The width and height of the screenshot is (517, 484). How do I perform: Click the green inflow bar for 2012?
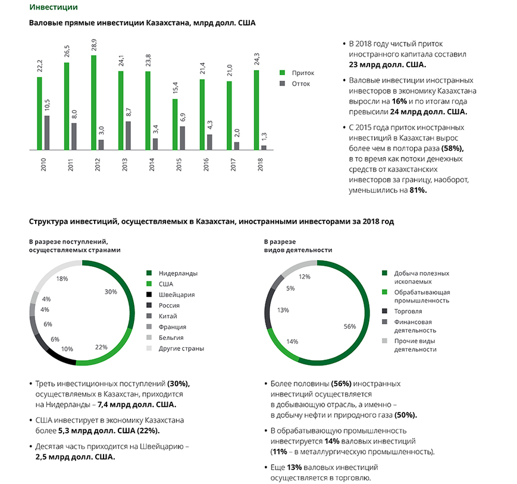coord(93,102)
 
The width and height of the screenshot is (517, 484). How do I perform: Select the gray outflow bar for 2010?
coord(47,132)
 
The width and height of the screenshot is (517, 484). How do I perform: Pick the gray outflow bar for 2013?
coord(129,135)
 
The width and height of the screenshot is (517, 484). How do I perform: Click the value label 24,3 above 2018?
coord(256,60)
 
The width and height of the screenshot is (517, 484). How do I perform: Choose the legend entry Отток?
coord(300,84)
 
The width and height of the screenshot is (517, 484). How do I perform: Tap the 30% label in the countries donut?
coord(111,292)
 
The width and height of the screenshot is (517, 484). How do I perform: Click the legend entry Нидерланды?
coord(178,273)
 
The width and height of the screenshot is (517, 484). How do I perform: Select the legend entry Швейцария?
coord(177,295)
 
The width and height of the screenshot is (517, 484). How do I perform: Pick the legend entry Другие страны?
coord(181,349)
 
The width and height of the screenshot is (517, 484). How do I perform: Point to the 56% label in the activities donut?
coord(349,327)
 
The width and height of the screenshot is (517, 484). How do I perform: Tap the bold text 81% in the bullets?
coord(418,191)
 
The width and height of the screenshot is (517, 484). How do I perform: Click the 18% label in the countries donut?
coord(61,279)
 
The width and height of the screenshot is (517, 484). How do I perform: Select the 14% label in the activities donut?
coord(292,341)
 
